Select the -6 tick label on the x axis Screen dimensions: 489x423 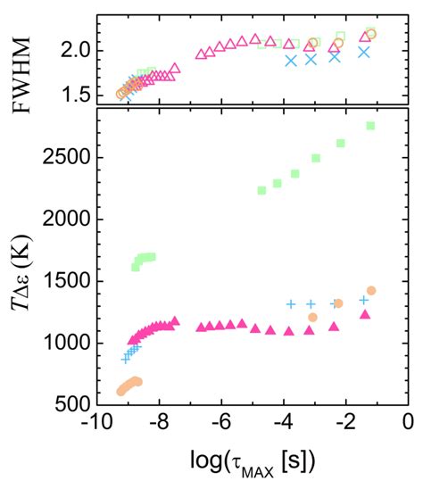coord(221,423)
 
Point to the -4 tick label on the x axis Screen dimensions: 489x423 coord(283,423)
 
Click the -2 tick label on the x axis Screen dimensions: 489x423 coord(345,423)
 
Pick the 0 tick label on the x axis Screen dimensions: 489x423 coord(408,423)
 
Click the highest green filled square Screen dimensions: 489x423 coord(370,126)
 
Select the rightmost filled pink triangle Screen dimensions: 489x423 coord(364,315)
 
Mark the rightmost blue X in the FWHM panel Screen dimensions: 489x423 coord(364,52)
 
